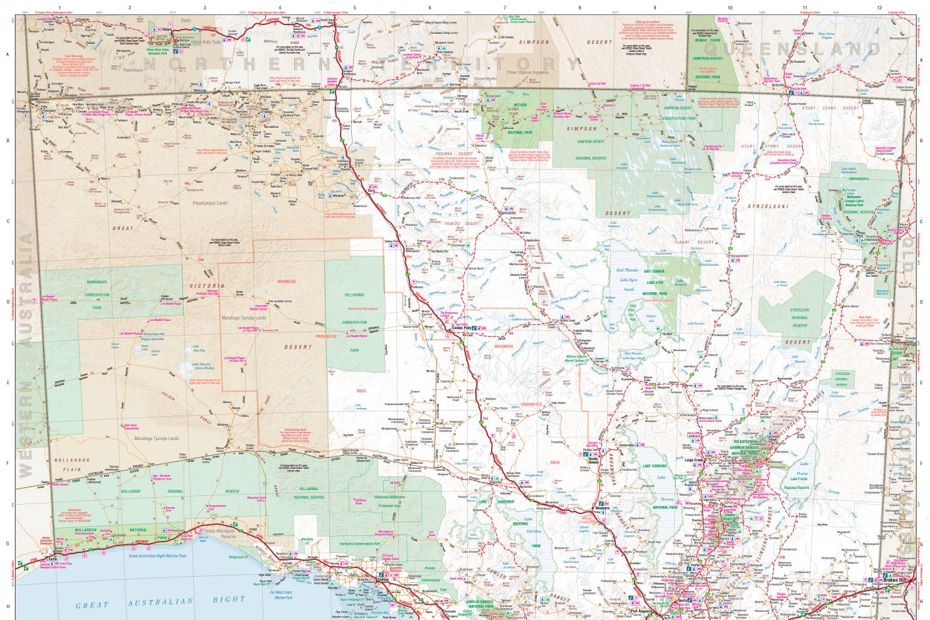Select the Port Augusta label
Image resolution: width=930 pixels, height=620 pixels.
[641, 610]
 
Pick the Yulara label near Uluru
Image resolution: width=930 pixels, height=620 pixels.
[167, 29]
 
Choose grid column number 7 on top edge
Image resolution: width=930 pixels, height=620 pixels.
[505, 8]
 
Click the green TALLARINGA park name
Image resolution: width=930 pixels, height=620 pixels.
[354, 294]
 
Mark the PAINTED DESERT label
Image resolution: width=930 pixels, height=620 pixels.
[461, 224]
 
